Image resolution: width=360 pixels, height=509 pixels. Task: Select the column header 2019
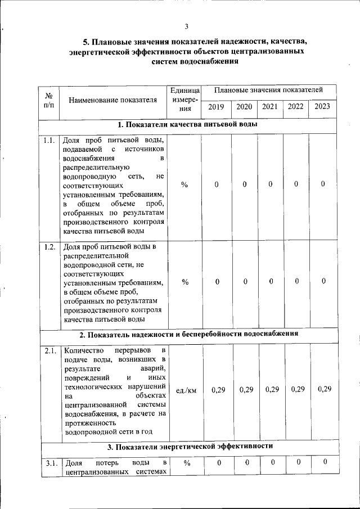[x=216, y=107]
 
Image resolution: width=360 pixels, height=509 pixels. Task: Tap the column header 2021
[x=270, y=107]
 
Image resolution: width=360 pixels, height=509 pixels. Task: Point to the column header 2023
[x=323, y=106]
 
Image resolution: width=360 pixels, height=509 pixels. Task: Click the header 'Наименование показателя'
[x=112, y=101]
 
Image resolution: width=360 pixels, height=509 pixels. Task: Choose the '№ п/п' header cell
[x=48, y=101]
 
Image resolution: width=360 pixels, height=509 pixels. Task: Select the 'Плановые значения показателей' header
[x=269, y=90]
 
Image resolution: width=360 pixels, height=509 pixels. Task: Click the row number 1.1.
[x=48, y=140]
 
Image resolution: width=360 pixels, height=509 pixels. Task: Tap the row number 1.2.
[x=48, y=246]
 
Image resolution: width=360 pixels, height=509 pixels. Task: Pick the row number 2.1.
[x=48, y=352]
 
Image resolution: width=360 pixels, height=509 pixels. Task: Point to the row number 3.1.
[x=48, y=463]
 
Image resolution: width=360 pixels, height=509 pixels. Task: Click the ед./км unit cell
[x=186, y=390]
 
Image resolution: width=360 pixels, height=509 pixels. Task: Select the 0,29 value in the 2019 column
[x=217, y=390]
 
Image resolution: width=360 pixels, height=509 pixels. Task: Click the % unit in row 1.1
[x=185, y=184]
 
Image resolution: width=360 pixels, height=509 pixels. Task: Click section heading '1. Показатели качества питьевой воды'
[x=188, y=124]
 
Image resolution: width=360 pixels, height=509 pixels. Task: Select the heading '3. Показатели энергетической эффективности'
[x=190, y=447]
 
